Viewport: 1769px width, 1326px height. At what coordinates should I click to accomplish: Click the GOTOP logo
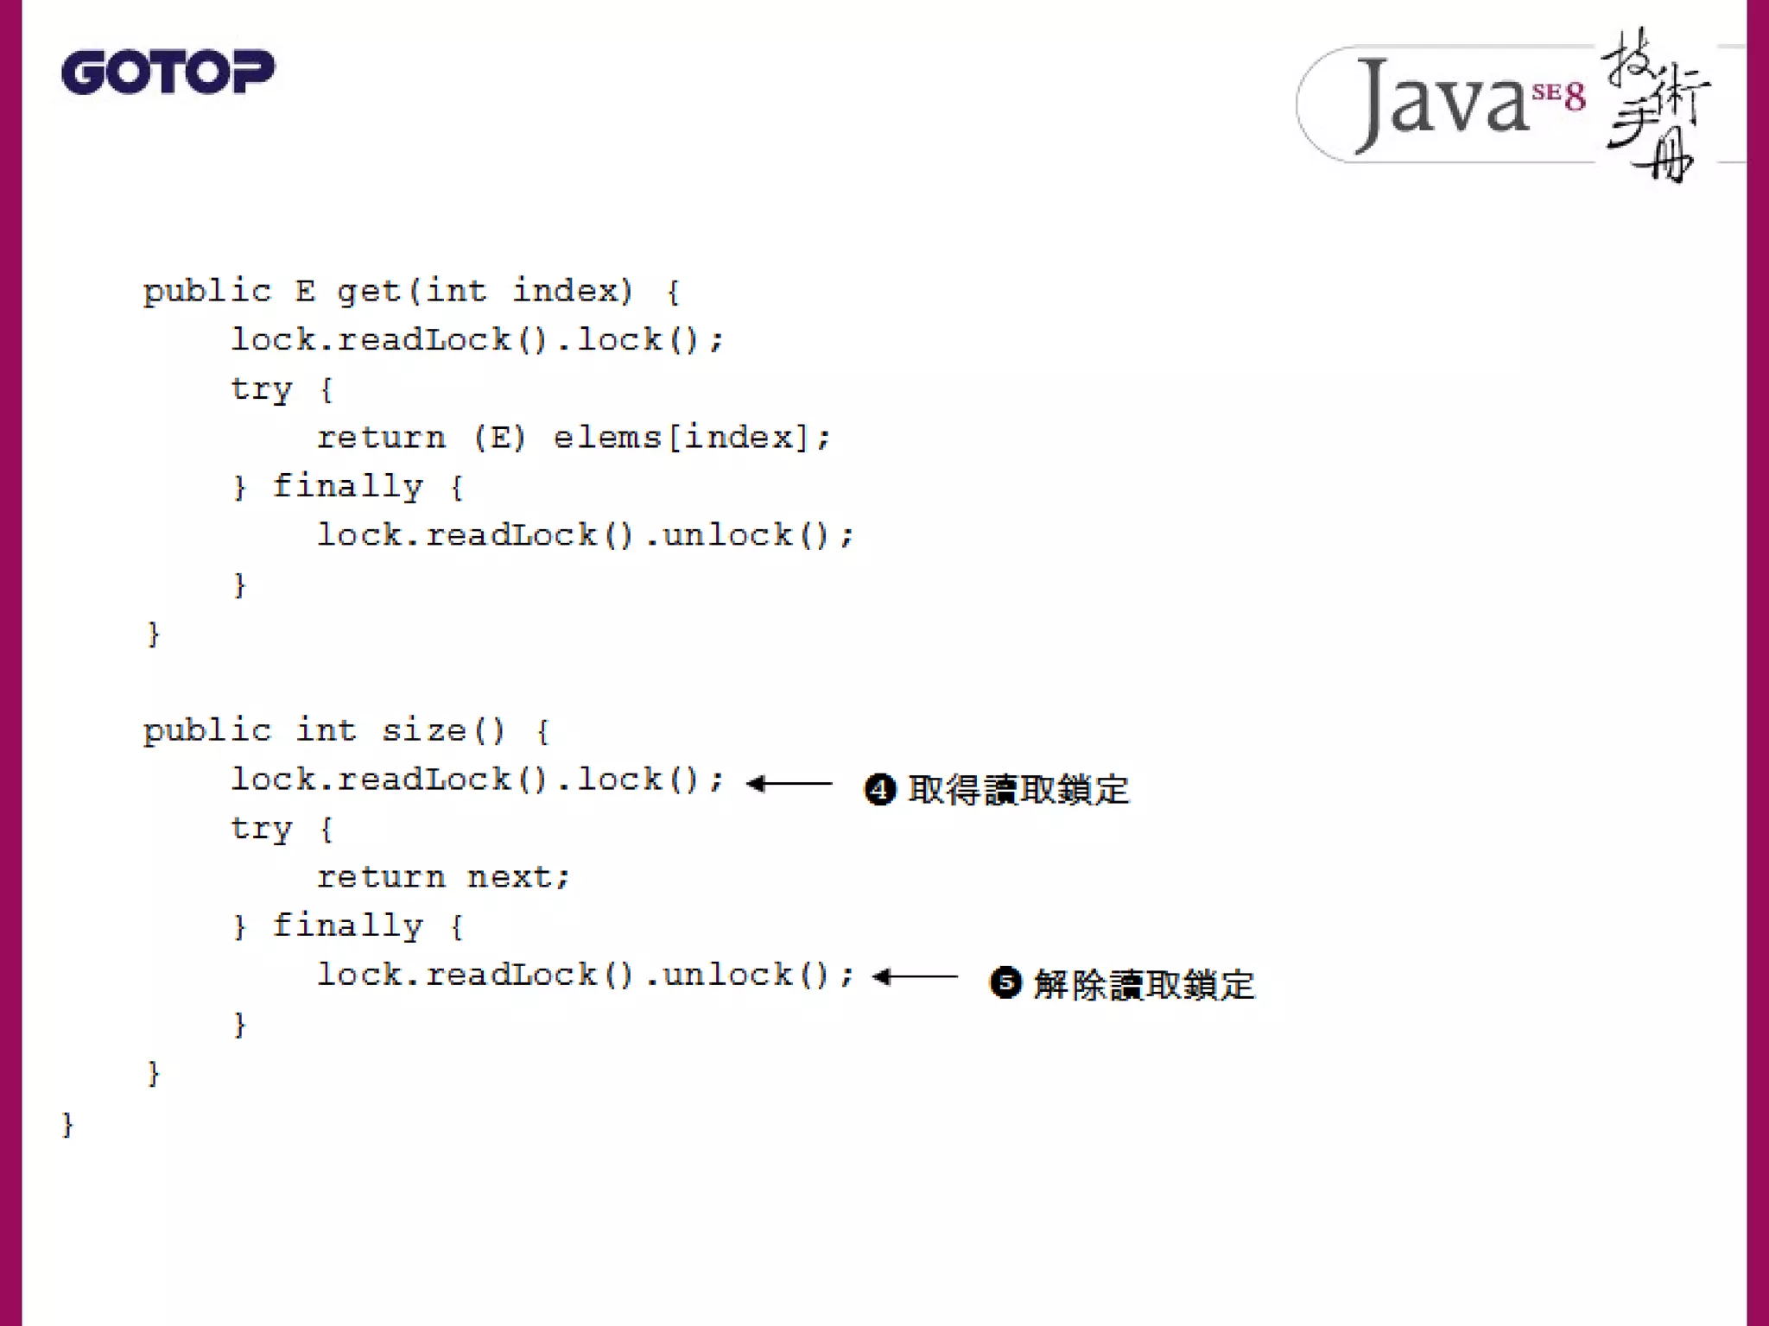[x=168, y=72]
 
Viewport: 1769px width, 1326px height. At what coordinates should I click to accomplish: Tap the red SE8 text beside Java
[x=1559, y=94]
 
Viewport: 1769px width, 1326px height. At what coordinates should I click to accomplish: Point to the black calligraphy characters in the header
[x=1655, y=104]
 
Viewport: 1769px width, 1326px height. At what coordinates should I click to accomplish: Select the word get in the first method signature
[x=370, y=292]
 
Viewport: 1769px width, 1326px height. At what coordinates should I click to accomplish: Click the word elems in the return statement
[x=607, y=438]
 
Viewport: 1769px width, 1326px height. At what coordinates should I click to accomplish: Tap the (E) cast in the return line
[x=499, y=438]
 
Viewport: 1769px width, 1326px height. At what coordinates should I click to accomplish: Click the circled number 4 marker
[x=880, y=789]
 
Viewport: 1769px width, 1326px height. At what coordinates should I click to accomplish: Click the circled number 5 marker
[x=1005, y=982]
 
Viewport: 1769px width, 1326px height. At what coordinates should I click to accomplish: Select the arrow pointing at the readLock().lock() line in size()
[x=789, y=784]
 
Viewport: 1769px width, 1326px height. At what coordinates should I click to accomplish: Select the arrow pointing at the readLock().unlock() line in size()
[x=915, y=977]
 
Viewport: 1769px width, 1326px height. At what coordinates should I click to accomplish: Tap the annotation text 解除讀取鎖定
[x=1144, y=984]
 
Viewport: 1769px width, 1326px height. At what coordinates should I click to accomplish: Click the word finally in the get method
[x=348, y=487]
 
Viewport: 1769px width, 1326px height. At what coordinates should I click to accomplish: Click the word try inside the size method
[x=262, y=828]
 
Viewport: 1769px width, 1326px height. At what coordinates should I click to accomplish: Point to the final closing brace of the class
[x=67, y=1124]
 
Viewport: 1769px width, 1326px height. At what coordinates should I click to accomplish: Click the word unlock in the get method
[x=727, y=535]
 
